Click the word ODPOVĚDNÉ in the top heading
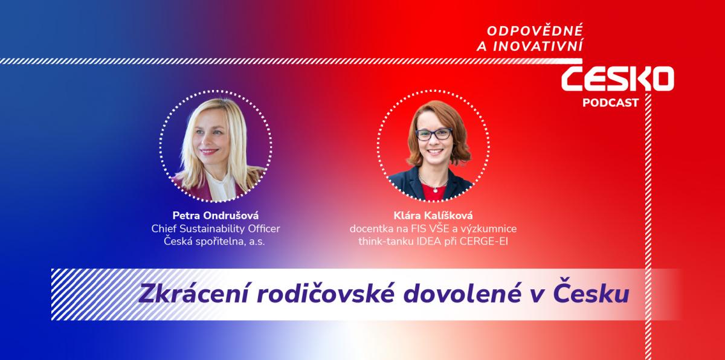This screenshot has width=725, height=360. point(535,30)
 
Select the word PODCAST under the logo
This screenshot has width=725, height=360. point(610,103)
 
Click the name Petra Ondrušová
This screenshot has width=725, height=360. point(216,216)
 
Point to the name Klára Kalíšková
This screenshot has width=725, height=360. point(433,216)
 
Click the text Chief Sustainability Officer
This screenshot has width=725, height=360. point(216,229)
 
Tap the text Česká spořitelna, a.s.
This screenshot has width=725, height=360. point(214,241)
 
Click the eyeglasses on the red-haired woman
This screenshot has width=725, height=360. point(434,134)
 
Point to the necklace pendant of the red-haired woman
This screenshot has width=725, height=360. point(436,190)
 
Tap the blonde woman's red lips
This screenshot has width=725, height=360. point(208,151)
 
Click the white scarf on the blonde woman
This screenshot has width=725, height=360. point(221,185)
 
